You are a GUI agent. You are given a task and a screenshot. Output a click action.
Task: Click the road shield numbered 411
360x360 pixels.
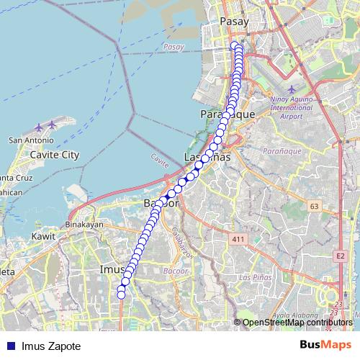coord(240,238)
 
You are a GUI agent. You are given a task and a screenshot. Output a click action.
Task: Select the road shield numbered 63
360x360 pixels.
coord(314,207)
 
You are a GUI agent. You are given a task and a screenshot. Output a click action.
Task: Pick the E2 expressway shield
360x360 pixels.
coord(341,256)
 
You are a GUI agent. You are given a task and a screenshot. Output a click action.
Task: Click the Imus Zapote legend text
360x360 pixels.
coord(51,346)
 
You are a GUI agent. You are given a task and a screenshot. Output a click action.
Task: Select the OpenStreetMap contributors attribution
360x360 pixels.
coord(297,323)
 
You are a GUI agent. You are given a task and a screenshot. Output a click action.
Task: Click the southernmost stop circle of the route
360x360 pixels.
coord(121,294)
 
